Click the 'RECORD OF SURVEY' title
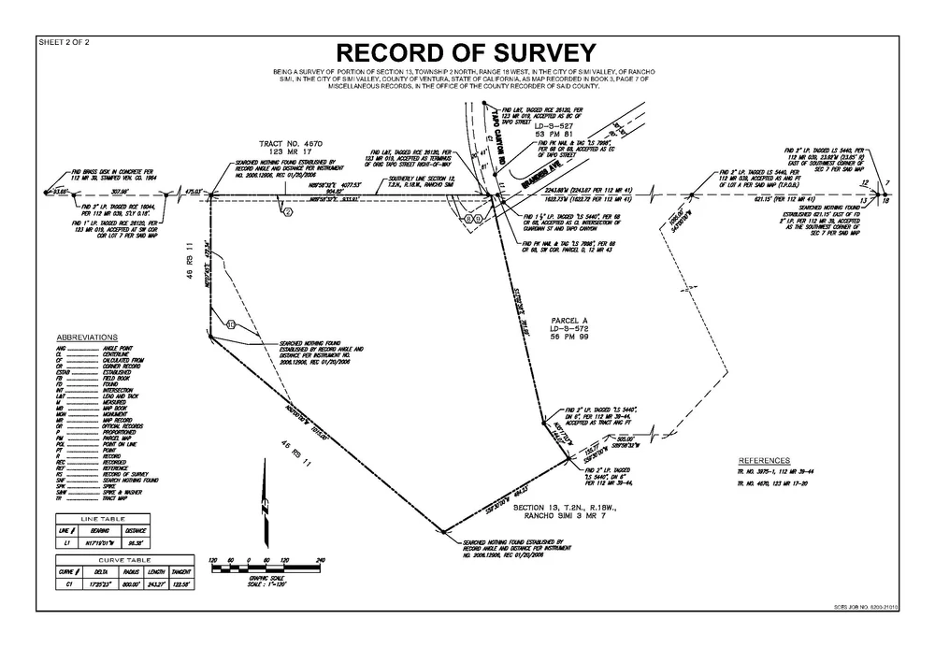[466, 51]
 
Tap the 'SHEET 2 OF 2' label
[63, 42]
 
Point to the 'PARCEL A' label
[567, 320]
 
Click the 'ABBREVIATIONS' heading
[87, 337]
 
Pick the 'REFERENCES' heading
[764, 461]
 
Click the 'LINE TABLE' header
[102, 518]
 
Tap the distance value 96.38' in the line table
[135, 541]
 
